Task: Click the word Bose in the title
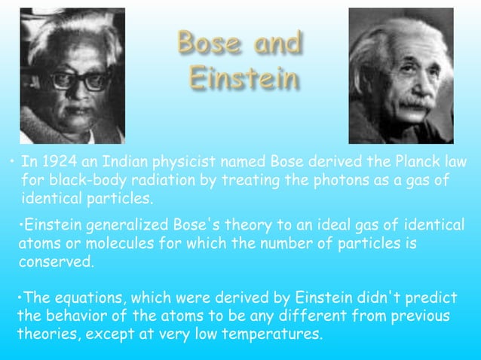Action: pos(204,44)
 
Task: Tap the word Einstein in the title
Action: pos(244,79)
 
